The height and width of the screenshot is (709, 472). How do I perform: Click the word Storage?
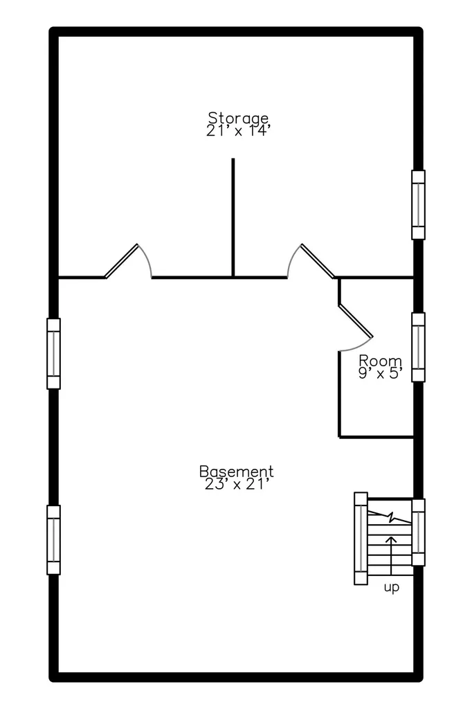click(238, 118)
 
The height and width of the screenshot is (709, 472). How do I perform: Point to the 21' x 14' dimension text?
click(238, 131)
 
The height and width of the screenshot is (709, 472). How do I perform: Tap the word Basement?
click(237, 471)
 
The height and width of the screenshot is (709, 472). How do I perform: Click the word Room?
click(380, 361)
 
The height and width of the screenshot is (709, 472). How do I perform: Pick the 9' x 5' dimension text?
click(380, 373)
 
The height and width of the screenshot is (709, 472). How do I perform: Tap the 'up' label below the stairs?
click(392, 588)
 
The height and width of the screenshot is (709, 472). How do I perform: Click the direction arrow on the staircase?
click(392, 555)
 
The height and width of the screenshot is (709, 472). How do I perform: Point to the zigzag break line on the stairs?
click(390, 517)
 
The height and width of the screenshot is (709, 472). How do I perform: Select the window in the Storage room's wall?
click(418, 205)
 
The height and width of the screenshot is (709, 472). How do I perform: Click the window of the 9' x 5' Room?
click(418, 348)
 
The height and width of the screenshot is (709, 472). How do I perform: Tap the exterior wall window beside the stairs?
click(419, 532)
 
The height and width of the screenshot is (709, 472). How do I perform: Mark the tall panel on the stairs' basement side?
click(361, 539)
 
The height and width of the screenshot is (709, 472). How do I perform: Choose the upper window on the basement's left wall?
click(53, 354)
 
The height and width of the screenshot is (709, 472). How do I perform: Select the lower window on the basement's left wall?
click(53, 540)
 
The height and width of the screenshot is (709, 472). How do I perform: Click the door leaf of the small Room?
click(355, 321)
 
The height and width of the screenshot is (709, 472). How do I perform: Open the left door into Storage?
click(122, 261)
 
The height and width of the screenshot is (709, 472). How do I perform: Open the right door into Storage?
click(318, 261)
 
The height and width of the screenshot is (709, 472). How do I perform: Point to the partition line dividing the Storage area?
click(233, 217)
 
